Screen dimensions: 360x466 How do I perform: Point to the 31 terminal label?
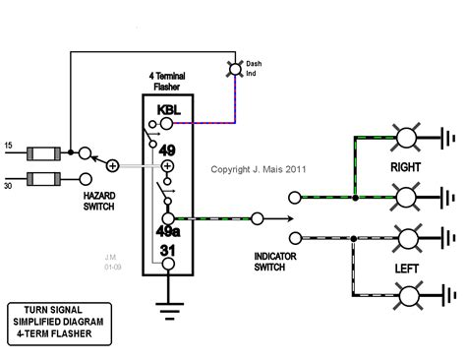pos(169,253)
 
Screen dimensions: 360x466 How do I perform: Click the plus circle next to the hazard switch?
pos(113,165)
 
